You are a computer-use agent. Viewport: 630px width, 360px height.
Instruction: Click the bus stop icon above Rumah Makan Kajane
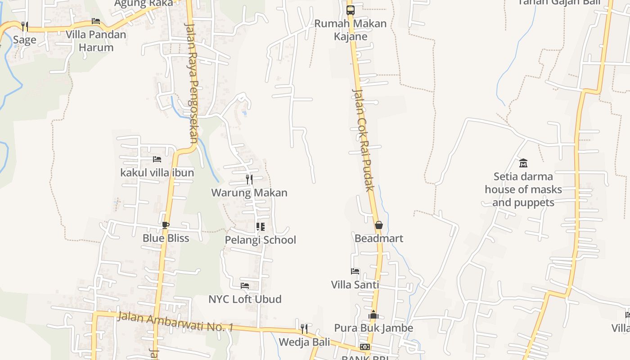(350, 10)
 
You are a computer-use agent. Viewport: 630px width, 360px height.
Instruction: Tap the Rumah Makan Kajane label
(350, 30)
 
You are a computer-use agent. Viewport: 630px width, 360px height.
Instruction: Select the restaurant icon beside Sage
(25, 26)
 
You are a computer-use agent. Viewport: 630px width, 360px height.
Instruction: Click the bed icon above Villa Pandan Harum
(96, 21)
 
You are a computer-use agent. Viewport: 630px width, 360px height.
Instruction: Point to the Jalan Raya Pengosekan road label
(193, 83)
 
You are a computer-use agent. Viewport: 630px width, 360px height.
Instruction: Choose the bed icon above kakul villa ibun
(157, 159)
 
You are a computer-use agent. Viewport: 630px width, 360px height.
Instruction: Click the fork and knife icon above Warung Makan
(249, 179)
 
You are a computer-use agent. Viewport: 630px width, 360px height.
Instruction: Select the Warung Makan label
(249, 193)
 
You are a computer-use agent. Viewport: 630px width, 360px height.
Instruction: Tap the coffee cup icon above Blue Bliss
(166, 225)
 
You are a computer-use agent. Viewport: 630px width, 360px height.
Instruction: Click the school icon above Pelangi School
(260, 227)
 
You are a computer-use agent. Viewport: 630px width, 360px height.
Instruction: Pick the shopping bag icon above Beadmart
(379, 225)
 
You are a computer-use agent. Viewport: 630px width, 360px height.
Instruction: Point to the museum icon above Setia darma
(523, 163)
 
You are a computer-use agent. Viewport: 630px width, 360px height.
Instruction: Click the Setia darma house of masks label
(523, 189)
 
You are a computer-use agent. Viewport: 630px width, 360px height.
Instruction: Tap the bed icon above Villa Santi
(355, 271)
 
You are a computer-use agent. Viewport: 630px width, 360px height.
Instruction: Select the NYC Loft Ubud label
(245, 299)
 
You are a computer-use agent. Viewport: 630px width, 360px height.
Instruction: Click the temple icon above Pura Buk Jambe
(373, 315)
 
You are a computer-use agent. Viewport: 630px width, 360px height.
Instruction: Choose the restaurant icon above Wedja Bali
(304, 329)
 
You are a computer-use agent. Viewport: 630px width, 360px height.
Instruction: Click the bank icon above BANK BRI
(365, 347)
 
